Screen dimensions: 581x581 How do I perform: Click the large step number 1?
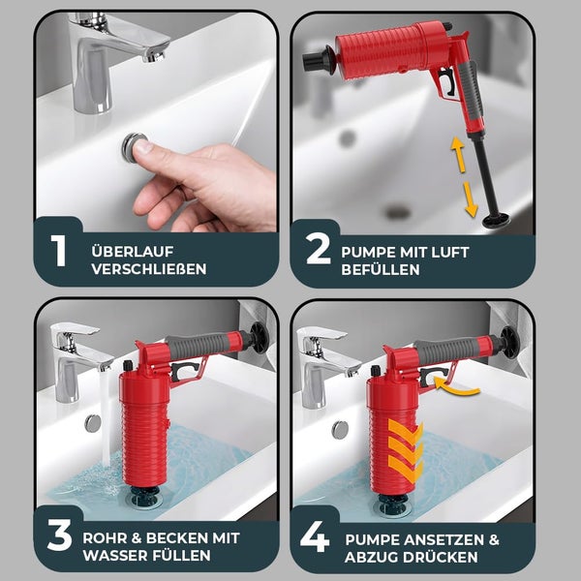pyautogui.click(x=59, y=251)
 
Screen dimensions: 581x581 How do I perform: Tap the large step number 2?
pyautogui.click(x=318, y=251)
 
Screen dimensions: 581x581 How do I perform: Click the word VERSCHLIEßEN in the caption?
pyautogui.click(x=149, y=268)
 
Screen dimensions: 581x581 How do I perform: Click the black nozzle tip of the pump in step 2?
pyautogui.click(x=313, y=63)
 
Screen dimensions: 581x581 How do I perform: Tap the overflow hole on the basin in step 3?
pyautogui.click(x=93, y=422)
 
